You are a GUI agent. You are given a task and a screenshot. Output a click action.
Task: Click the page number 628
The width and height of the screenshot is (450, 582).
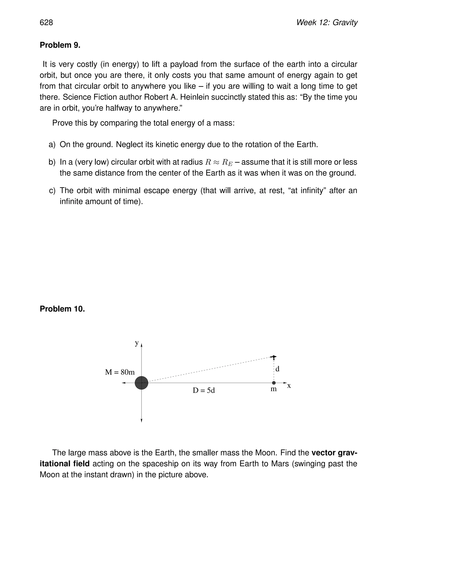pos(46,23)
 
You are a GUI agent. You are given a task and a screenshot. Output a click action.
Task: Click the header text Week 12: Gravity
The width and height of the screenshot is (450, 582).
pos(327,23)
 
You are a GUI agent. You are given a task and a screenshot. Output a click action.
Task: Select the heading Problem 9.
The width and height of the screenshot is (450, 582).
pos(60,45)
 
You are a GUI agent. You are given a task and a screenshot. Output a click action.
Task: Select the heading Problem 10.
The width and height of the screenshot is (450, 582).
pos(62,309)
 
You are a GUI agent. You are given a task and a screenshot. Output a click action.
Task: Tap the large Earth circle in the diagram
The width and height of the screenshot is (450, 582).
pos(141,383)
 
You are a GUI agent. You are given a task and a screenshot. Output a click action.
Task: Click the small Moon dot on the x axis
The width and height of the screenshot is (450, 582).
pos(274,383)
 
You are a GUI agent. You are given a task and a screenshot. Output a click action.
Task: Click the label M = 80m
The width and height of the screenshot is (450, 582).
pos(120,372)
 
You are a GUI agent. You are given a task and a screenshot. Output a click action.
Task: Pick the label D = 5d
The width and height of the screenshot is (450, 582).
pos(204,390)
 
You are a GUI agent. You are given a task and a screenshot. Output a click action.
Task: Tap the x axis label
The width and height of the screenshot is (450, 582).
pos(289,386)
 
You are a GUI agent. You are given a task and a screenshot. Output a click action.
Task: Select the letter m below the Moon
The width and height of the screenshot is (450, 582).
pos(274,389)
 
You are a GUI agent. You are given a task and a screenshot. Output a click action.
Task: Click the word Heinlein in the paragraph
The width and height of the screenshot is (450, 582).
pos(194,97)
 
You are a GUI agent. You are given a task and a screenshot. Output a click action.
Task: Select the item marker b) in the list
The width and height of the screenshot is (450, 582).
pos(52,162)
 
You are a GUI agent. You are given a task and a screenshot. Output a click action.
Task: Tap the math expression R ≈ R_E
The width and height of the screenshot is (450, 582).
pos(219,162)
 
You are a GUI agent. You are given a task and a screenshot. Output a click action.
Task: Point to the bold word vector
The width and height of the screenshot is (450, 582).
pos(324,453)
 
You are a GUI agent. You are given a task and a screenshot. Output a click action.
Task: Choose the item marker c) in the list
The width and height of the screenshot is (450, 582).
pos(52,191)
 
